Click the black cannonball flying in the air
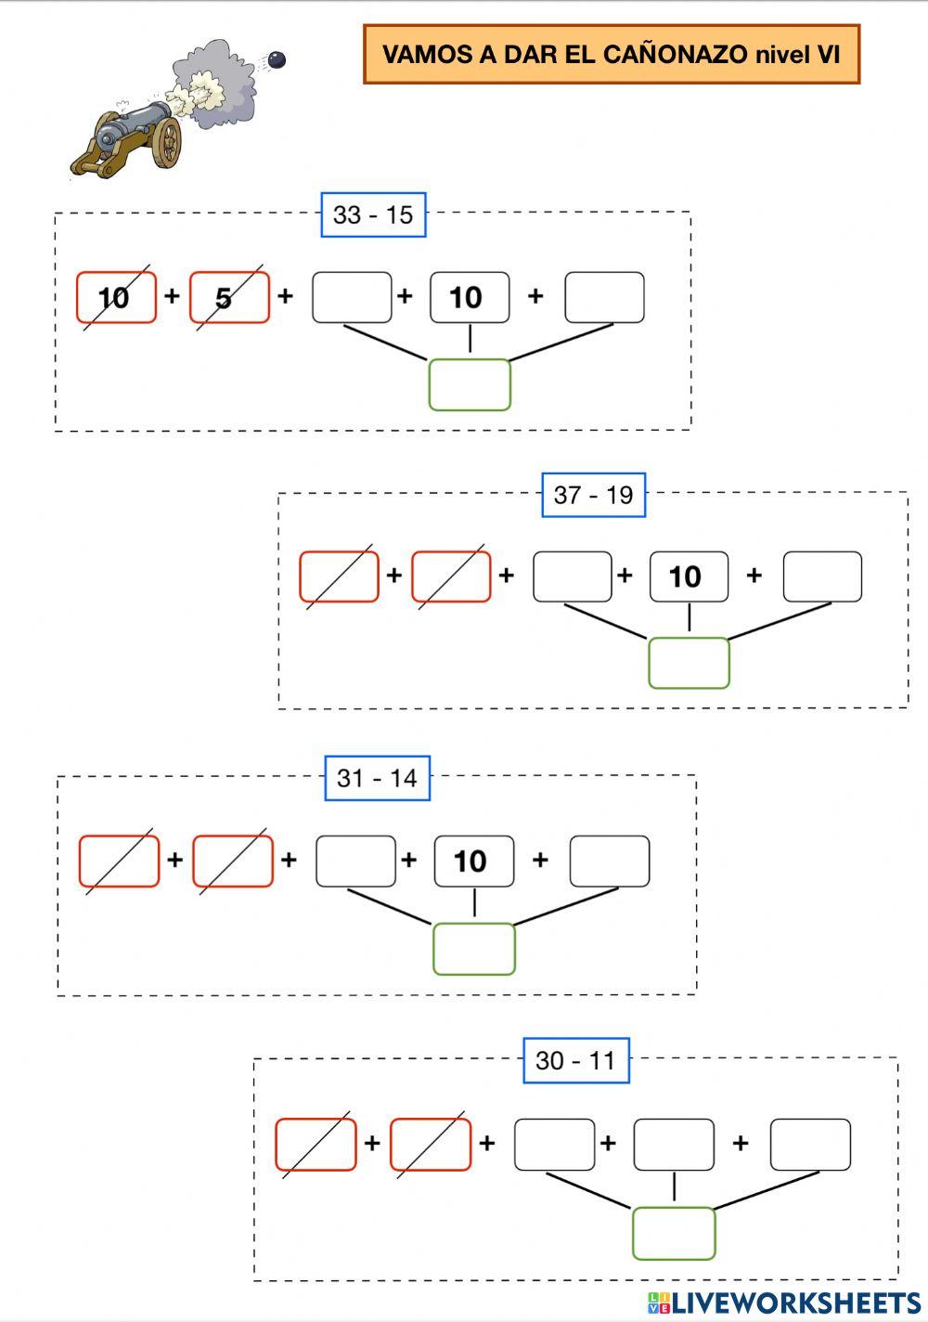coord(276,60)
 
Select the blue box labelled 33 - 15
coord(373,214)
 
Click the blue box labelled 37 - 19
coord(593,495)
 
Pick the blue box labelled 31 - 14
coord(377,778)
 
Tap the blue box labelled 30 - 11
coord(575,1060)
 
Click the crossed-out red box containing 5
coord(229,297)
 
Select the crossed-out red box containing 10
coord(116,297)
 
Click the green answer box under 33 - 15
coord(470,384)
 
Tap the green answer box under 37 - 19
coord(689,663)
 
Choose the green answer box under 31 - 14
coord(474,949)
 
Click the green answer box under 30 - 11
coord(674,1233)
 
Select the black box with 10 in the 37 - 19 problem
coord(688,577)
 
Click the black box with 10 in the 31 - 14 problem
coord(473,862)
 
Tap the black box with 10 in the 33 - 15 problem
coord(469,297)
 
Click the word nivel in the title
coord(781,54)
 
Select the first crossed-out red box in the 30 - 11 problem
coord(316,1145)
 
